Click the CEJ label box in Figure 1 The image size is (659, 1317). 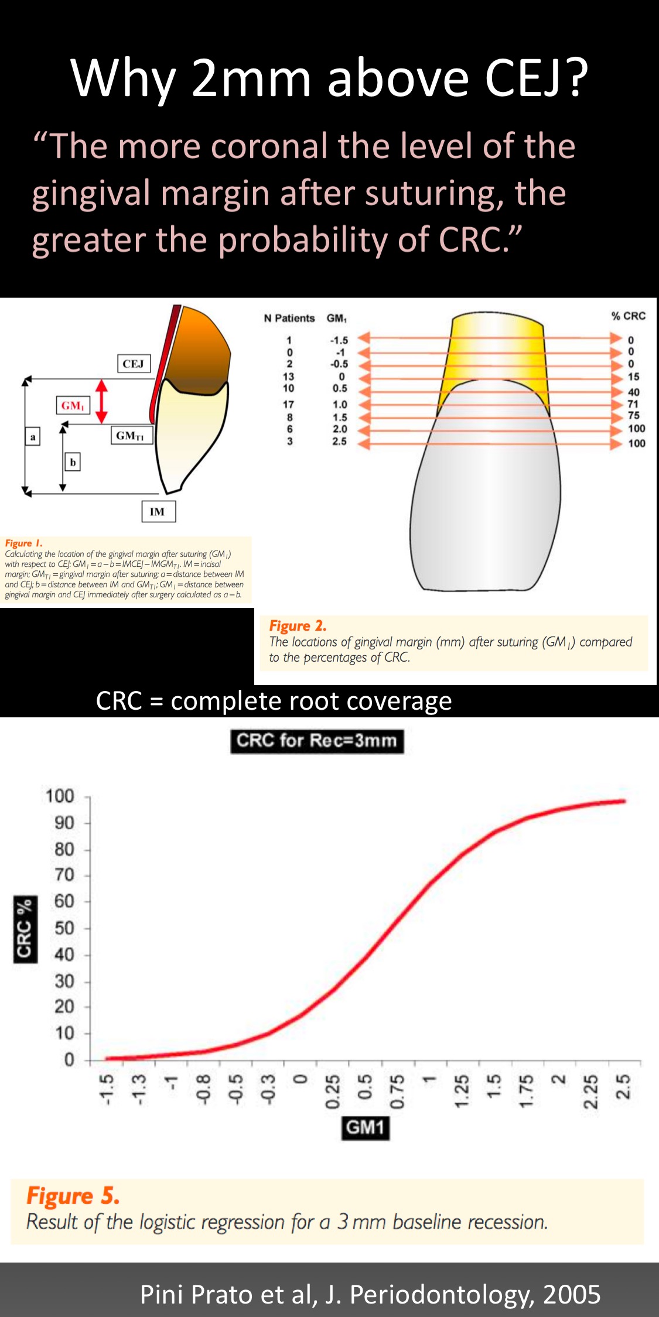[x=133, y=364]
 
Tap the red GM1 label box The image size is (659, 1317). [x=73, y=405]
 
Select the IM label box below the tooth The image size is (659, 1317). [x=158, y=511]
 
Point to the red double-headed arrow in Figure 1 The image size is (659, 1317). [x=101, y=401]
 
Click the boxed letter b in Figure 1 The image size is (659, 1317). [x=73, y=462]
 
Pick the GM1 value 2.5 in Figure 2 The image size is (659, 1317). [x=340, y=442]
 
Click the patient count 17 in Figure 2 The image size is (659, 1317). [x=289, y=404]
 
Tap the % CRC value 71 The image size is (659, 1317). [x=633, y=404]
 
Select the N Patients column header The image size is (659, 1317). [x=289, y=318]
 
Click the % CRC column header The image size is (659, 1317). [x=628, y=316]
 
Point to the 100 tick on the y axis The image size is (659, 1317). [x=60, y=796]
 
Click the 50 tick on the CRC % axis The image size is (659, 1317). [x=64, y=928]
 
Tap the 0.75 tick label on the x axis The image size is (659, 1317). [x=397, y=1091]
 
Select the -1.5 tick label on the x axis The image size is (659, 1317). [x=105, y=1089]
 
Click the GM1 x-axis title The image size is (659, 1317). [x=366, y=1127]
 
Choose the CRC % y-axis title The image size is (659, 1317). [x=25, y=929]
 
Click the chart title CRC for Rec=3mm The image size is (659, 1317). [x=317, y=741]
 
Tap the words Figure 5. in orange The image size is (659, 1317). [x=73, y=1196]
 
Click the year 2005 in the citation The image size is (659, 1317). [x=572, y=1294]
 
